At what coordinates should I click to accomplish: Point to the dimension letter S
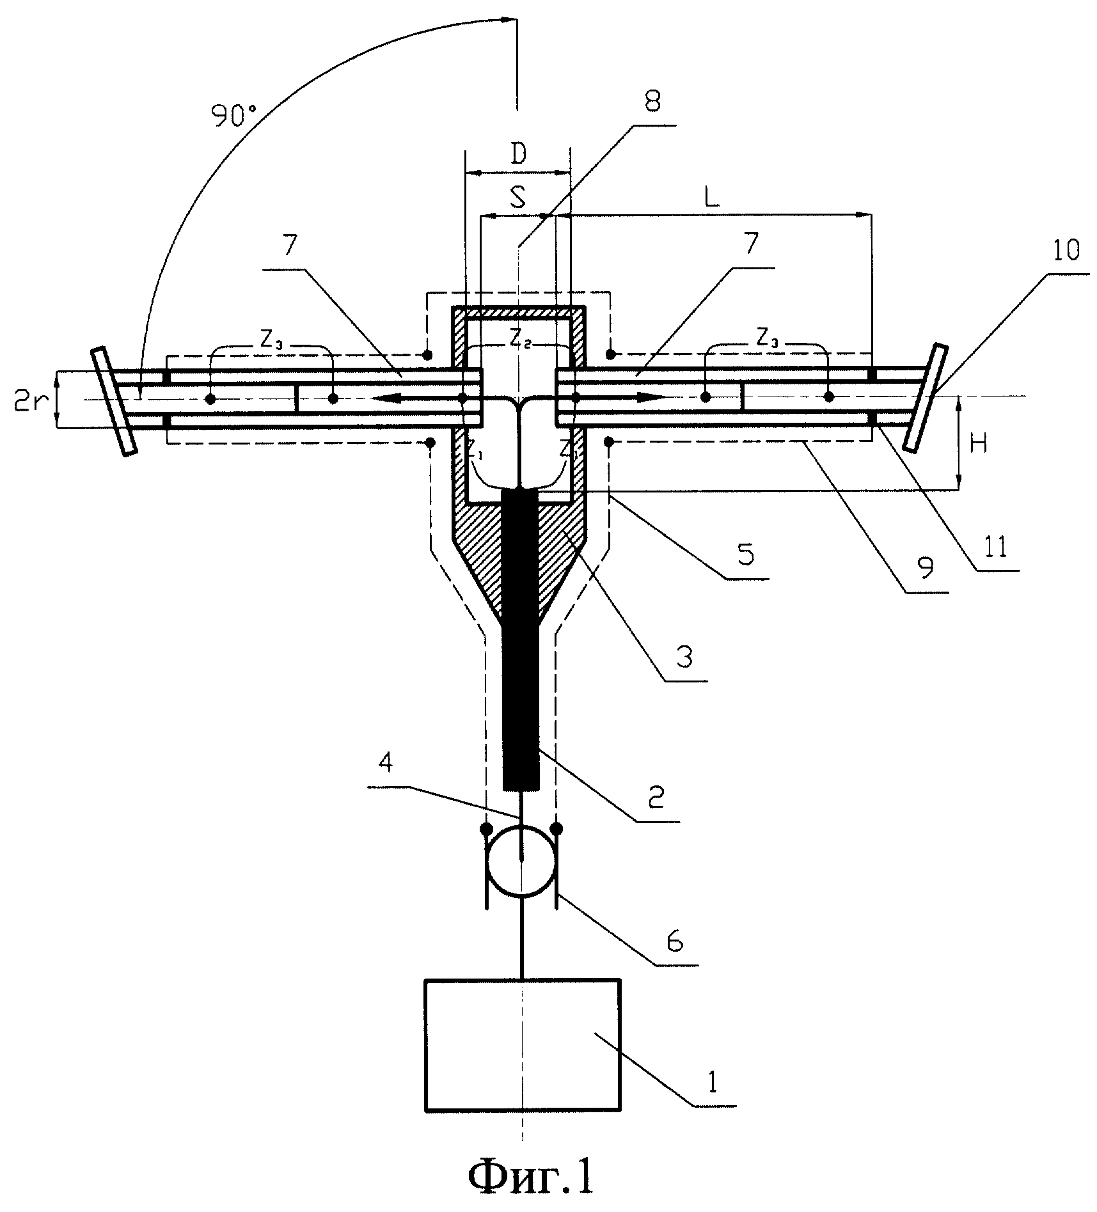pos(518,199)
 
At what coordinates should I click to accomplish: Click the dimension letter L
pos(711,198)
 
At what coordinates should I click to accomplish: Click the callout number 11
pos(994,547)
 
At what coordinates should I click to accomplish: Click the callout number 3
pos(684,657)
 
